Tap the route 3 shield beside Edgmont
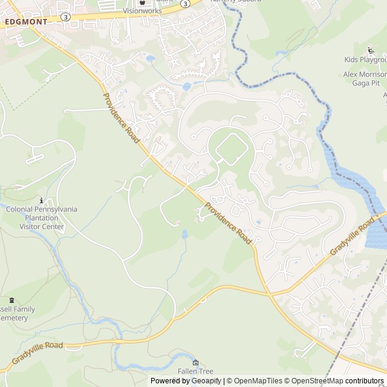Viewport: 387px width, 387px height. click(x=65, y=17)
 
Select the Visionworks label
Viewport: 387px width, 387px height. click(x=142, y=11)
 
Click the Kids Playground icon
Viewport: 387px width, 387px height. click(x=371, y=50)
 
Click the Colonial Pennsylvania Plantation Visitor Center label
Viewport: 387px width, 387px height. click(x=42, y=218)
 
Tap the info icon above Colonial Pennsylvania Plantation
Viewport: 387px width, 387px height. click(x=41, y=200)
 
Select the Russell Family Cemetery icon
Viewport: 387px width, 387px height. click(x=11, y=300)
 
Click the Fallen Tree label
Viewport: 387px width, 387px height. click(x=195, y=371)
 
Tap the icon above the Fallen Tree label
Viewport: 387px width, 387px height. click(x=195, y=362)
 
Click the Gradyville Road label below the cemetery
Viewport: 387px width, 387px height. click(x=37, y=353)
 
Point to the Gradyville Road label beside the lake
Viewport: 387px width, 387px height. click(x=352, y=239)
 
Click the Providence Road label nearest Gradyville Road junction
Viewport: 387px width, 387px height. click(x=227, y=223)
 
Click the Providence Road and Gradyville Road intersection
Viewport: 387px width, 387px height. click(x=268, y=294)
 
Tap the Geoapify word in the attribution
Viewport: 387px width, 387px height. click(x=206, y=381)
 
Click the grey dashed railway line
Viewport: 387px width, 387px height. click(x=357, y=327)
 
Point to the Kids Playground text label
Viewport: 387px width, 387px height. click(x=365, y=60)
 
